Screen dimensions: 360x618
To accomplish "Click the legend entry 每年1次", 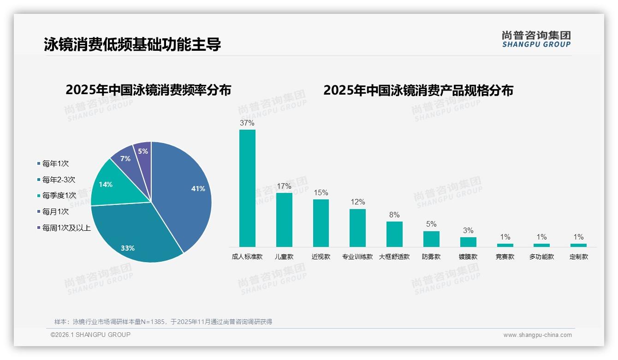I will point(55,163).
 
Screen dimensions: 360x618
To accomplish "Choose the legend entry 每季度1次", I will point(59,196).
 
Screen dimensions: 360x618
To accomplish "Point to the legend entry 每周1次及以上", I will point(66,228).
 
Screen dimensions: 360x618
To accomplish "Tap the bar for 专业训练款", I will point(357,228).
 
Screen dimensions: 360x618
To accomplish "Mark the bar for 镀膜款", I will point(468,242).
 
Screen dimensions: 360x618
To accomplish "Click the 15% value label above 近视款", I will point(321,192).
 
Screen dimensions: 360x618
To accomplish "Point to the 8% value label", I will point(394,215).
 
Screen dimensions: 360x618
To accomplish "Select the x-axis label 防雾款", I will point(431,257).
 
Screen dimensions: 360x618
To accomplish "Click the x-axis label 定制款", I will point(579,257).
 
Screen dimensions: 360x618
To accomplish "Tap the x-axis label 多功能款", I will point(542,257).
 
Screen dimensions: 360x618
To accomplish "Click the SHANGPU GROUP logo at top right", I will point(536,39).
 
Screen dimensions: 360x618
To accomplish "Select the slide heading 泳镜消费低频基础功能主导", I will point(132,44).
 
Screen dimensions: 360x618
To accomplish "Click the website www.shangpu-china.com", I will point(537,335).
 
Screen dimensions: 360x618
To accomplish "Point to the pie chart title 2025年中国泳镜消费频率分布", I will point(149,90).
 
